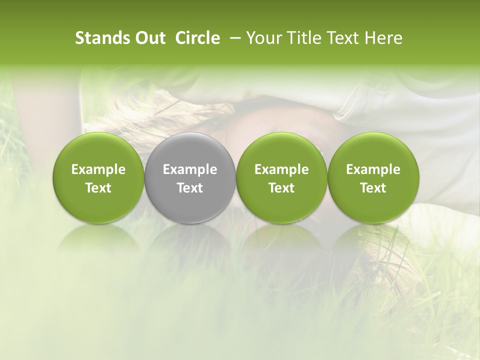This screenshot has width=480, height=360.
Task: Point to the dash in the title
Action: point(233,38)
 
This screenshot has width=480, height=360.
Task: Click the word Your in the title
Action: point(262,38)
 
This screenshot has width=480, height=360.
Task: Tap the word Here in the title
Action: point(382,38)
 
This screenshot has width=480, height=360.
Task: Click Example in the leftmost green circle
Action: point(98,169)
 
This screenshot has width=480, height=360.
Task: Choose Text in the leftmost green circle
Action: point(98,188)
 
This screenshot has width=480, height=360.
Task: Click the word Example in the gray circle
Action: point(190,169)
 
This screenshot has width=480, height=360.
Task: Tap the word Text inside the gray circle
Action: point(190,188)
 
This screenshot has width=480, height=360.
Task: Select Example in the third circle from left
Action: point(281,169)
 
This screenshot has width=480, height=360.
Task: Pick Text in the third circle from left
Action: point(281,188)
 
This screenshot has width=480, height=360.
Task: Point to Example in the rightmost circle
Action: point(373,169)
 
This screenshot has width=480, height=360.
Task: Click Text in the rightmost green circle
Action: point(373,188)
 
